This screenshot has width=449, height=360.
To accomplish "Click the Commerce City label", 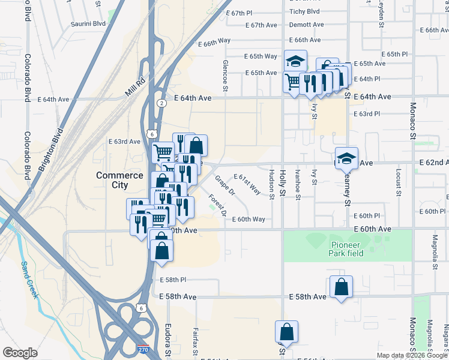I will pyautogui.click(x=119, y=180).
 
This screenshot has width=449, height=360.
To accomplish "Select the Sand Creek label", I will pyautogui.click(x=29, y=280).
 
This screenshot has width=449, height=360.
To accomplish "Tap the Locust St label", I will pyautogui.click(x=398, y=182).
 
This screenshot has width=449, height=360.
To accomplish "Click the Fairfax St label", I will pyautogui.click(x=195, y=339).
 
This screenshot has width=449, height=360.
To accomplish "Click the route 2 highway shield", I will pyautogui.click(x=161, y=103).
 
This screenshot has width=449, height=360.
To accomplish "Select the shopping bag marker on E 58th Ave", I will pyautogui.click(x=341, y=287).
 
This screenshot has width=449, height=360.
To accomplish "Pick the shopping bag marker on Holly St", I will pyautogui.click(x=287, y=332).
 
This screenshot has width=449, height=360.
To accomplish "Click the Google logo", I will pyautogui.click(x=20, y=352).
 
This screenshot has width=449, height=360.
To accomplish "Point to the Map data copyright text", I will pyautogui.click(x=412, y=355).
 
